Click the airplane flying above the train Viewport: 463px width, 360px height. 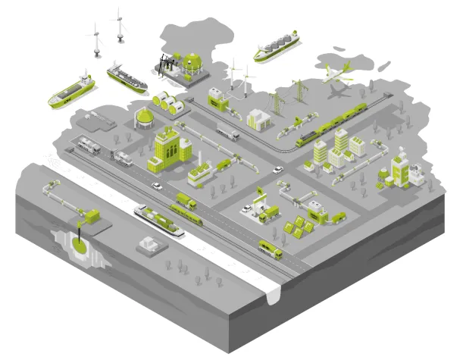tap(338, 72)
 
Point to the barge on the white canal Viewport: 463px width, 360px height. tap(158, 221)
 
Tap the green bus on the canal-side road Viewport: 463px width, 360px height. tap(271, 248)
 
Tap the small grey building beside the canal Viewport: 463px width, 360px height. tap(149, 244)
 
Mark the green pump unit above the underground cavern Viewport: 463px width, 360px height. tap(91, 217)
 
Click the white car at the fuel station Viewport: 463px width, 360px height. tap(247, 208)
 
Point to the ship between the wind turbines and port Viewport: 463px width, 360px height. tap(127, 77)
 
